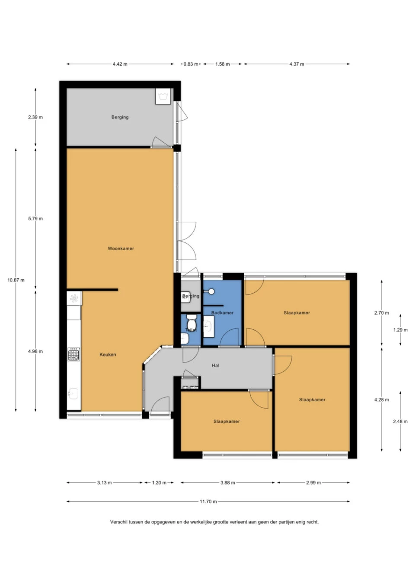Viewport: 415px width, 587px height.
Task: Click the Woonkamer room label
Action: tap(121, 249)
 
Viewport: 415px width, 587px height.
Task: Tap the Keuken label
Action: tap(108, 354)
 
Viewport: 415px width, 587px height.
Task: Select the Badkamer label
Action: tap(222, 313)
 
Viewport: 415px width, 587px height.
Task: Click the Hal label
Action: tap(215, 366)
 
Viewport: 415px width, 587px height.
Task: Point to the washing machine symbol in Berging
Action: tap(163, 96)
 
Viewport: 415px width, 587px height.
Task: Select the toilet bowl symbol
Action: tap(192, 322)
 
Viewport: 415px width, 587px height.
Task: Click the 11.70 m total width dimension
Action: tap(208, 501)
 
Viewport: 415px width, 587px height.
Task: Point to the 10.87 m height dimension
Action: tap(16, 280)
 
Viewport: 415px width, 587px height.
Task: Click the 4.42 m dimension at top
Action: tap(120, 64)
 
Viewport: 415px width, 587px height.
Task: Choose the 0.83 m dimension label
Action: tap(191, 64)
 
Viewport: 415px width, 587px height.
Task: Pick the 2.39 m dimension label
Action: tap(35, 117)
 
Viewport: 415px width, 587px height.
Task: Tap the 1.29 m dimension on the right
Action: tap(400, 330)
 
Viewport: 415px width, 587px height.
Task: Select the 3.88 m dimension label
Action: tap(227, 482)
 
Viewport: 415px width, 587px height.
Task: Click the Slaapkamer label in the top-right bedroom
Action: tap(297, 313)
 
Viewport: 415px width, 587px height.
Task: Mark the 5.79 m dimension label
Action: tap(35, 219)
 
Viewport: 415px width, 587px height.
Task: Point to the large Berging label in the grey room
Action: tap(120, 117)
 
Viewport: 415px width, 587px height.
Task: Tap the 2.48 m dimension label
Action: tap(400, 421)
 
